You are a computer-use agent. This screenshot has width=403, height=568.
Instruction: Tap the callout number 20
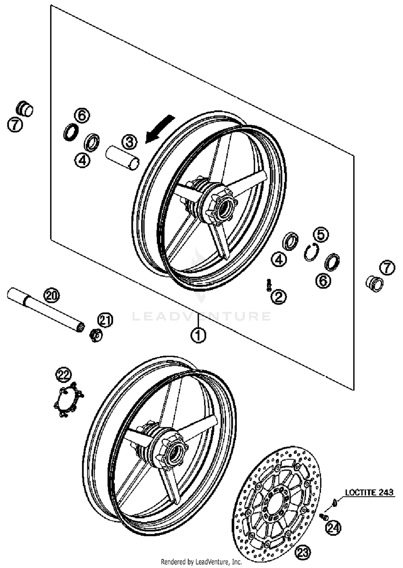click(52, 296)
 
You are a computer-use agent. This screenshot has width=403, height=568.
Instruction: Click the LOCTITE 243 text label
click(369, 492)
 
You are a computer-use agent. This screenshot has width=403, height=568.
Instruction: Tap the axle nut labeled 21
click(95, 335)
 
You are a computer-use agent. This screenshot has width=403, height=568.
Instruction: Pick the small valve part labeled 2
click(268, 285)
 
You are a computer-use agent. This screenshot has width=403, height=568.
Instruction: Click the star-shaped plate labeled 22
click(68, 401)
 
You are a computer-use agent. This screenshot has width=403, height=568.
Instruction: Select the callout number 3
click(129, 142)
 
